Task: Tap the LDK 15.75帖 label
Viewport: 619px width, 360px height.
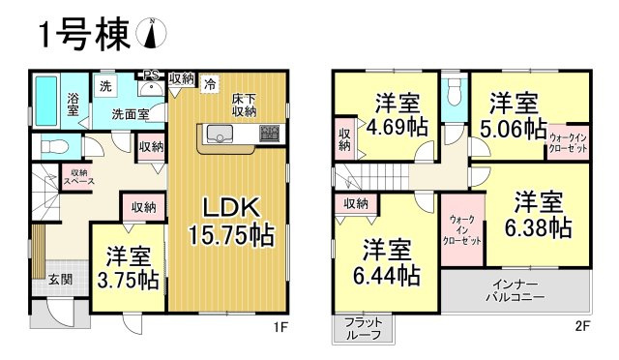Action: pyautogui.click(x=230, y=221)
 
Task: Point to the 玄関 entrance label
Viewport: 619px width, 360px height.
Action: pyautogui.click(x=60, y=280)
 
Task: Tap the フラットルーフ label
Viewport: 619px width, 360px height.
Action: pyautogui.click(x=364, y=327)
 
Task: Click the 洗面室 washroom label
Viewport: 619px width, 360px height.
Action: pyautogui.click(x=129, y=113)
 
